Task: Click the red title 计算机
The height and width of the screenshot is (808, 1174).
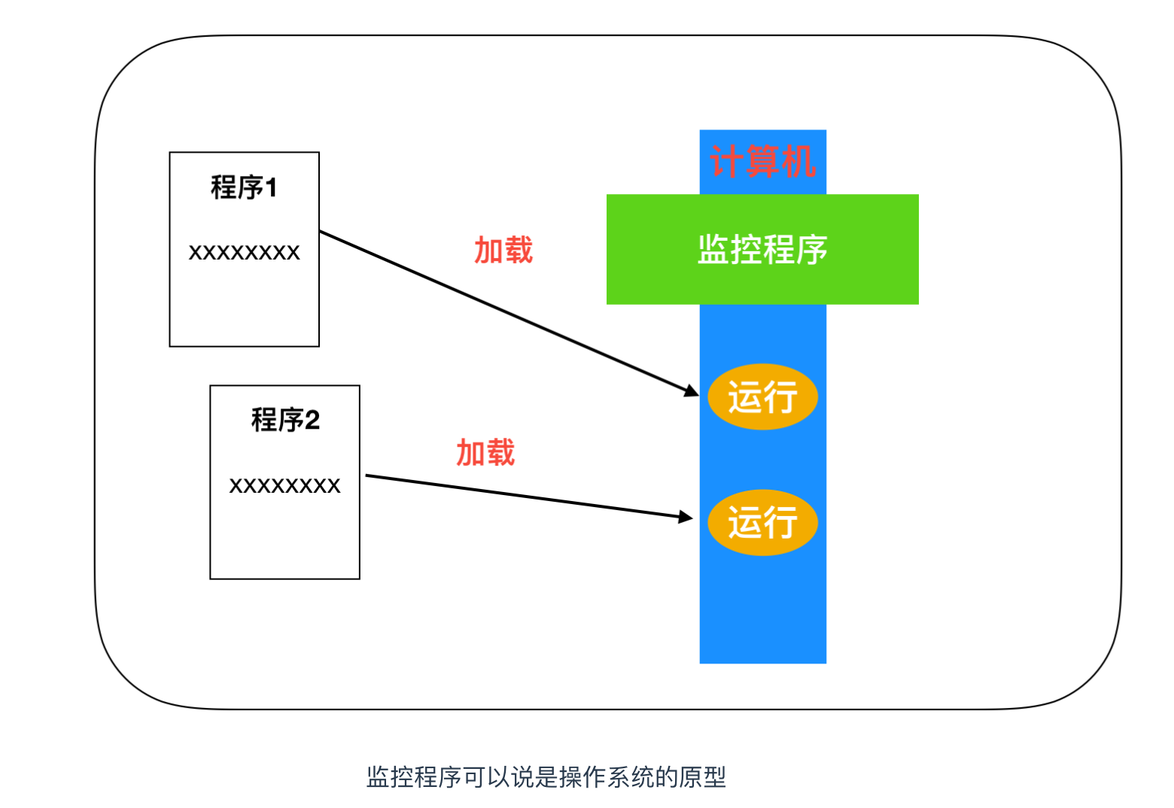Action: (x=762, y=162)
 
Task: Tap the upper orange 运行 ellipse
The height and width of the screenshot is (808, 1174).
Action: (x=762, y=396)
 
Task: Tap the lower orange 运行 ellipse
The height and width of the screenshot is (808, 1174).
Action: (x=762, y=522)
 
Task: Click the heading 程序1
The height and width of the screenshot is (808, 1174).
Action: (x=244, y=187)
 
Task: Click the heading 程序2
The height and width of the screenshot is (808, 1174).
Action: (x=285, y=420)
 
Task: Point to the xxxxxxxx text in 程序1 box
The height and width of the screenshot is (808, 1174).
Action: (x=244, y=253)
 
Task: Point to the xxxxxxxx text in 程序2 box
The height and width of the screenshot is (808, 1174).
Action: (x=284, y=486)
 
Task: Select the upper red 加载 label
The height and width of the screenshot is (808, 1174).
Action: (x=503, y=250)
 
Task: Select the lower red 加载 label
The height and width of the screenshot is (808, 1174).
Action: (x=485, y=453)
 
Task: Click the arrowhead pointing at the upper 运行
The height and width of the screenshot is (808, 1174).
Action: (x=691, y=390)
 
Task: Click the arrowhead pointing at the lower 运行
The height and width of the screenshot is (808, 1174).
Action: (x=685, y=517)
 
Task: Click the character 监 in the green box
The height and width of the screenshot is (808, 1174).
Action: (x=712, y=250)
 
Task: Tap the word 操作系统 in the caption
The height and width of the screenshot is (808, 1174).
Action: (x=607, y=777)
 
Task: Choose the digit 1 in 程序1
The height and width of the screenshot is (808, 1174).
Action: (x=271, y=187)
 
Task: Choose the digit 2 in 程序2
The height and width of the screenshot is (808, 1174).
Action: (x=312, y=420)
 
